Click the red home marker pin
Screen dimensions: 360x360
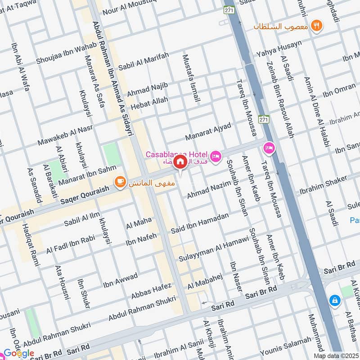tap(180, 162)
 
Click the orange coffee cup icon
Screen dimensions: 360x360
tap(120, 181)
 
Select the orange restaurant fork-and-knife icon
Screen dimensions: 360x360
tap(318, 26)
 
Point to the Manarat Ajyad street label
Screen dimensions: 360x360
tap(208, 131)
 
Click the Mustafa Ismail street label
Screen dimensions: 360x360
tap(191, 78)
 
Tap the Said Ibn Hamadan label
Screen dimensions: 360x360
tap(199, 223)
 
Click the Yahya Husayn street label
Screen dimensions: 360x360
tap(279, 48)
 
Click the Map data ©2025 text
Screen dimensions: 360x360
tap(336, 355)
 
